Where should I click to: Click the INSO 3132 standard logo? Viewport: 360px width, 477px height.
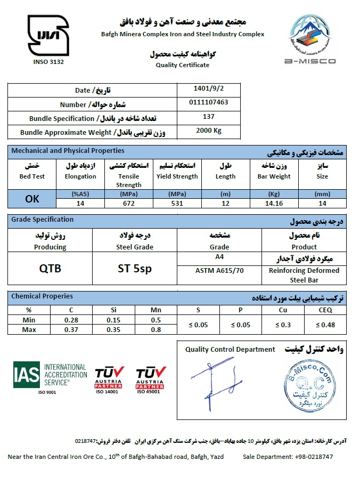click(48, 37)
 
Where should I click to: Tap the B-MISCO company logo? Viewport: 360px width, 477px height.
click(312, 40)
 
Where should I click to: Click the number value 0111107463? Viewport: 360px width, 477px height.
click(209, 102)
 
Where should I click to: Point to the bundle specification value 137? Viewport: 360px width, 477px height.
click(209, 116)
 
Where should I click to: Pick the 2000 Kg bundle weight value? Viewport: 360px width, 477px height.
click(209, 130)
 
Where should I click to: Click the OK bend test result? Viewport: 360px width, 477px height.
click(32, 199)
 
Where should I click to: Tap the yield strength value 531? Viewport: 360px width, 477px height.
click(177, 203)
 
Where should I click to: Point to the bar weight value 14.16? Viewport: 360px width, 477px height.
click(274, 203)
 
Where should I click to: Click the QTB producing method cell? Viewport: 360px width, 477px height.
click(50, 269)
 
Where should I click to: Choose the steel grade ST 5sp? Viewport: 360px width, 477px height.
click(135, 269)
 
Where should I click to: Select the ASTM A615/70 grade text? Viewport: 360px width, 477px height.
click(219, 270)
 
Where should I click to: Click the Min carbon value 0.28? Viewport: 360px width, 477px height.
click(71, 320)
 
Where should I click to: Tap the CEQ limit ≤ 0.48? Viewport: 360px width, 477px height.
click(324, 325)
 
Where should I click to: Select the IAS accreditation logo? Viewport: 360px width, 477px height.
click(50, 376)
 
